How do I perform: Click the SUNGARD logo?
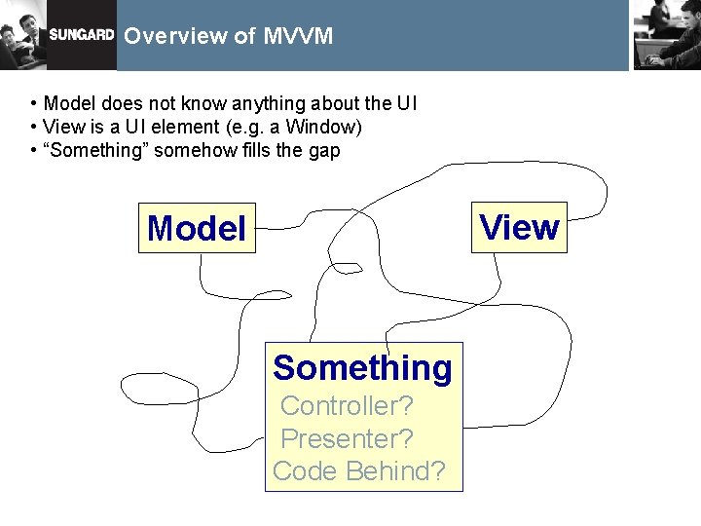tap(82, 36)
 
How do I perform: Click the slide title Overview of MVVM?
tap(229, 36)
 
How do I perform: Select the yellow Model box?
tap(197, 229)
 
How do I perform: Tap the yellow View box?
tap(520, 227)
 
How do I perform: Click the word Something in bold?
tap(362, 368)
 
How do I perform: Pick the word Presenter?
tap(347, 438)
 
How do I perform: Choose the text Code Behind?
tap(359, 471)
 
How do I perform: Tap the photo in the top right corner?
tap(666, 34)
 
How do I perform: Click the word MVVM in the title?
tap(298, 36)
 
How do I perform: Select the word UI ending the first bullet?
tap(407, 103)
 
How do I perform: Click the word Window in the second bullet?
tap(325, 128)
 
